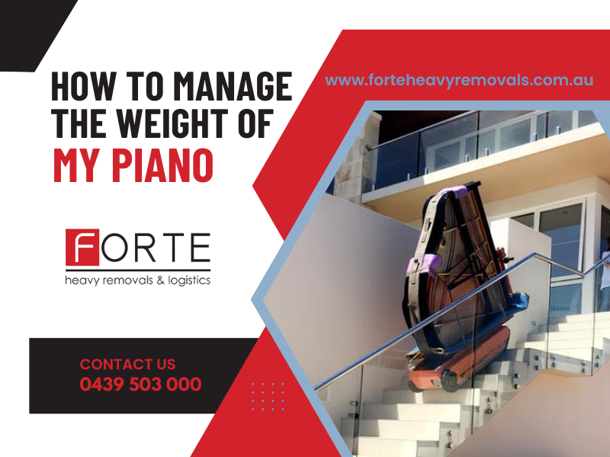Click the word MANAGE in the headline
(x=233, y=85)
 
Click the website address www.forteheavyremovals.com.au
(x=459, y=80)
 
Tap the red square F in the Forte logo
(x=82, y=247)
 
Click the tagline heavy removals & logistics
(x=138, y=280)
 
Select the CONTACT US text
(x=127, y=365)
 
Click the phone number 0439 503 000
(x=140, y=385)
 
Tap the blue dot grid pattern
(x=268, y=396)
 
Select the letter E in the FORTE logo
(x=201, y=247)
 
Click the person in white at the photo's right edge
(x=605, y=268)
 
